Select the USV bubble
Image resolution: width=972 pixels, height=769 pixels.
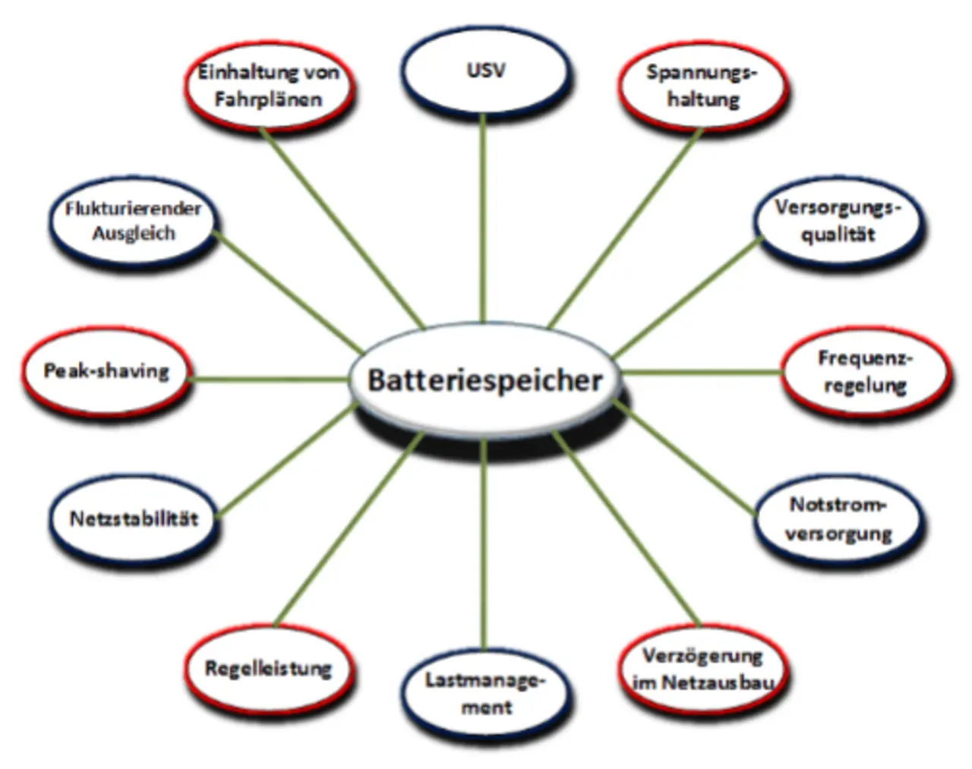485,71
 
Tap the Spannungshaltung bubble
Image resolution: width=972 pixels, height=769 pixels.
702,85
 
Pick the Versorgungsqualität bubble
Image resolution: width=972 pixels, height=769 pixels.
838,221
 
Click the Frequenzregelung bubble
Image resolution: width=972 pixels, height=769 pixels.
864,371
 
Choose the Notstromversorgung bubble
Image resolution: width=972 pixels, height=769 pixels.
838,518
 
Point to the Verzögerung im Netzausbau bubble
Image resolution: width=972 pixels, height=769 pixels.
702,669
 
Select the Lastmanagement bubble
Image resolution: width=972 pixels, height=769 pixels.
485,693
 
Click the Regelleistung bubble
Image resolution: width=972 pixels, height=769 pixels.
268,669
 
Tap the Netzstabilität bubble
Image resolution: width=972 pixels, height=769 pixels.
134,519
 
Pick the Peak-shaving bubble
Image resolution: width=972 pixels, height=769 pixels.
106,371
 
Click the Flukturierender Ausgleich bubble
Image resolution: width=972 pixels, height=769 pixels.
134,221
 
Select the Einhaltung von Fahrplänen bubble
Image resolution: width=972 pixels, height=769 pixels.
268,85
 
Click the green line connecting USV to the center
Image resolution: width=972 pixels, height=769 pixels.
482,220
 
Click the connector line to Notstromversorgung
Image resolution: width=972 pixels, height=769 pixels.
683,455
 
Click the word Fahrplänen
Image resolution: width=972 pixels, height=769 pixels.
268,99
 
